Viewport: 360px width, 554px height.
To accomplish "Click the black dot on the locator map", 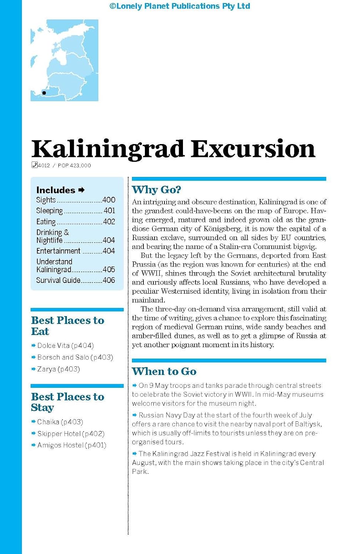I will pos(44,93).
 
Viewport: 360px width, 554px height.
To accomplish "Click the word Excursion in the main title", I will pos(253,149).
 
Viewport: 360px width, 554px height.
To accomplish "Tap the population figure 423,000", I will pos(80,165).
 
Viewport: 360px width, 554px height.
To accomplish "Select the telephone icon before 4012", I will pos(34,165).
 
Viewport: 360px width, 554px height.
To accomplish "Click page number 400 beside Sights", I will pos(109,200).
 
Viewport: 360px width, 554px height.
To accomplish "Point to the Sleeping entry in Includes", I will pos(50,211).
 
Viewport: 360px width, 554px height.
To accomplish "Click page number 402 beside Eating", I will pos(109,222).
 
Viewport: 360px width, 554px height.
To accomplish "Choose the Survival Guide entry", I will pos(58,280).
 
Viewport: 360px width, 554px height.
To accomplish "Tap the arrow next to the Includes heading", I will pos(82,190).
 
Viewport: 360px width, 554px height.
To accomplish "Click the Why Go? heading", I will pos(156,190).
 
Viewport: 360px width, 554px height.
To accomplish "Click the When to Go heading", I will pos(164,371).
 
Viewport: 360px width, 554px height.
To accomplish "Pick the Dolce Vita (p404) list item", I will pos(65,345).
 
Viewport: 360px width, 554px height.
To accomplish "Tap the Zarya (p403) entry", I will pos(58,369).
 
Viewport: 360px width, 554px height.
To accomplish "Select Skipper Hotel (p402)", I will pos(71,434).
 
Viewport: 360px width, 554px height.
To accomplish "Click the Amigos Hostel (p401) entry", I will pos(72,445).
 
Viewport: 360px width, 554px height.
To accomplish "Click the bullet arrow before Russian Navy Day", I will pos(135,415).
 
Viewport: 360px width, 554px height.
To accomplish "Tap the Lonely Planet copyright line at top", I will pos(180,6).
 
